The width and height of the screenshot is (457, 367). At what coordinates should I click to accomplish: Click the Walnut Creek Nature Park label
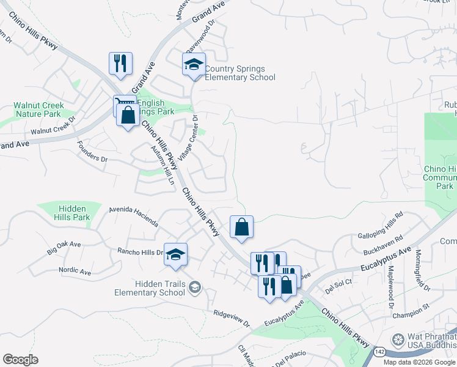(x=38, y=109)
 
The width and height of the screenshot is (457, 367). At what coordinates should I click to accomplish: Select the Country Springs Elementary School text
(x=239, y=73)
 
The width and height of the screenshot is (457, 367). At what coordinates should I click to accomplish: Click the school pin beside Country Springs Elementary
(x=194, y=64)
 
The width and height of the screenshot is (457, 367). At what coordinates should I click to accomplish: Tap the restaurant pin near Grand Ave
(x=120, y=63)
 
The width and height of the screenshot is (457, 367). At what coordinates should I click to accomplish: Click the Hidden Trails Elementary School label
(x=150, y=287)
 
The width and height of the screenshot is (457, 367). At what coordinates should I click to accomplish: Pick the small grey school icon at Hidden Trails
(x=194, y=287)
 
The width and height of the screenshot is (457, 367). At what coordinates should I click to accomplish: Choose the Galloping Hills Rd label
(x=381, y=224)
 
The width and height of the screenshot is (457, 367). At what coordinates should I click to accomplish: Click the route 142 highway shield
(x=379, y=352)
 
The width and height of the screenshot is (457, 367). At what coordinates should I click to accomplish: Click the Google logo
(x=20, y=360)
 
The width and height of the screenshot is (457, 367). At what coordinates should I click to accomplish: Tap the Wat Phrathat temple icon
(x=398, y=339)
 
